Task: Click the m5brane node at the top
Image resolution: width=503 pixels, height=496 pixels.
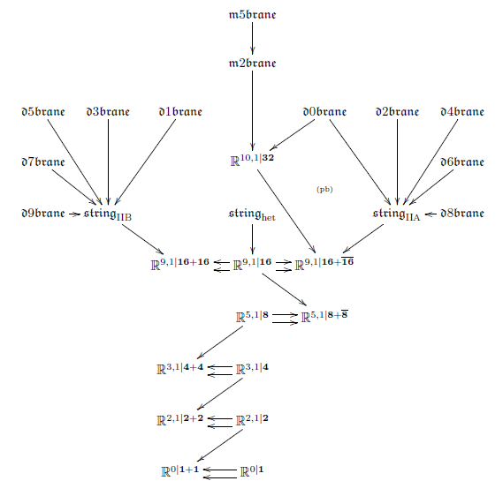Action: pos(252,15)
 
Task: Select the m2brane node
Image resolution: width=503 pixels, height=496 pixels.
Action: pos(252,63)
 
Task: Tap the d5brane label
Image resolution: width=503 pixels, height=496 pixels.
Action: pos(43,112)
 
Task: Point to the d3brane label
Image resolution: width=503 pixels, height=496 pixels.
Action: pos(108,112)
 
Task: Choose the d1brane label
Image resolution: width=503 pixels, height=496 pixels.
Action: pos(180,112)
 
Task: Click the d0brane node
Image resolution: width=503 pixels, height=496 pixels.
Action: pos(324,112)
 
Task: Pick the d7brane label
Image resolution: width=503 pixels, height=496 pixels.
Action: pos(43,162)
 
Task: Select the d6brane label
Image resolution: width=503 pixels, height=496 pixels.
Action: pos(462,162)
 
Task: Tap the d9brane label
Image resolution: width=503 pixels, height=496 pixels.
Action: pos(43,214)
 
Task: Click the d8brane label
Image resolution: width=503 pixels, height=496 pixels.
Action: pos(462,214)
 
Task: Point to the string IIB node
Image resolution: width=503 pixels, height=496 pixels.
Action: pos(108,214)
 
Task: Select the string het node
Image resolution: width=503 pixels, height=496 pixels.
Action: pos(252,214)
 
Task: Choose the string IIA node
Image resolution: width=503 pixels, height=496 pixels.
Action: pos(397,214)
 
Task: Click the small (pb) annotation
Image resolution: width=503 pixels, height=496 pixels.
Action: pos(324,190)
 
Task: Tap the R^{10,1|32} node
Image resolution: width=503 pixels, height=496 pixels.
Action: pos(252,160)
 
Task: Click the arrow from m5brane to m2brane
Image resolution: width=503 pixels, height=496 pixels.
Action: pos(252,38)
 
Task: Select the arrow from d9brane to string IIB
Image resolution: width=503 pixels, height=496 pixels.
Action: pos(74,214)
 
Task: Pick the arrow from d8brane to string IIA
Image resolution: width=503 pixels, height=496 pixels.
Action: pos(431,214)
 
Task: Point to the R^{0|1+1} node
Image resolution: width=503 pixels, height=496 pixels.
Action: pos(180,471)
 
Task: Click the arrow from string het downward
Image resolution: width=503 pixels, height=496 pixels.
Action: pos(252,239)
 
